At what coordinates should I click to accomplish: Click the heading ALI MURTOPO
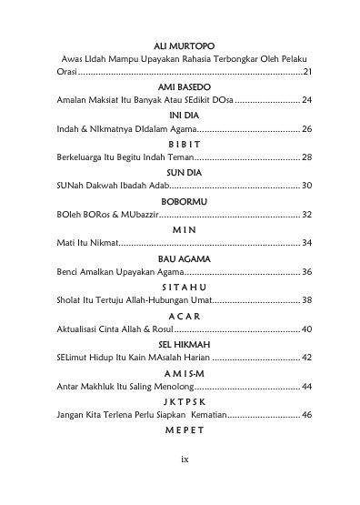[183, 43]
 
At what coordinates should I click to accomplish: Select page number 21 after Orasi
[307, 71]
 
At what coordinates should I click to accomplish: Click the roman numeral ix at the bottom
[183, 484]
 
